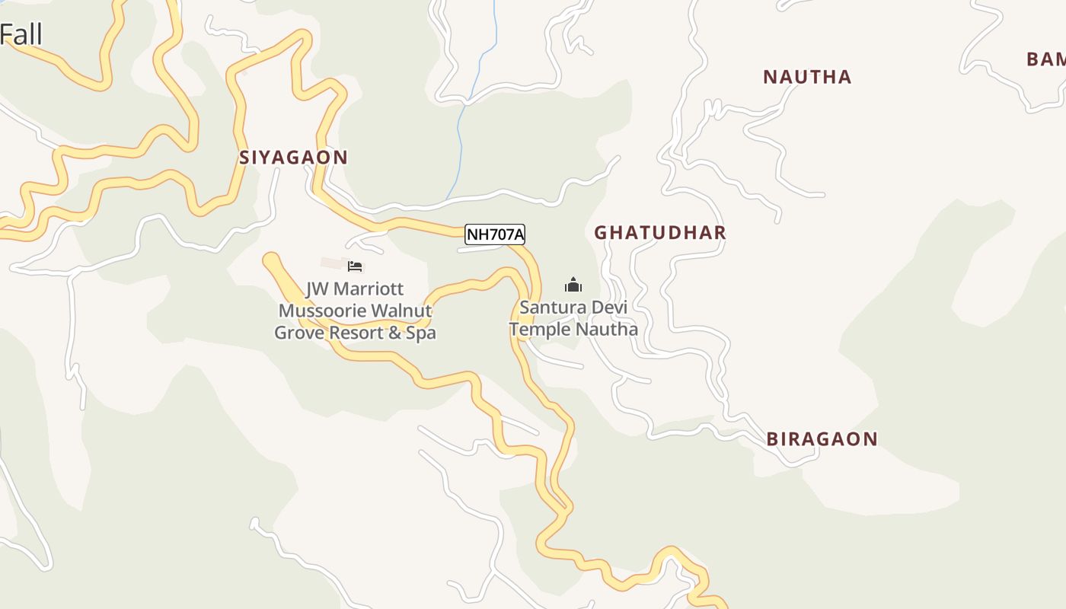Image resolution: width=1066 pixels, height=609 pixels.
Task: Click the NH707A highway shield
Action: click(495, 234)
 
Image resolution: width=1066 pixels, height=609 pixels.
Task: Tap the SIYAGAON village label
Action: click(293, 158)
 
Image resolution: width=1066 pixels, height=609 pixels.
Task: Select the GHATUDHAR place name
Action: click(659, 233)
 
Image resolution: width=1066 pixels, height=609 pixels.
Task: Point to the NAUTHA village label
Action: click(806, 77)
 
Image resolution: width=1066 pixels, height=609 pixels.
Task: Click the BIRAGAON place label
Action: click(822, 439)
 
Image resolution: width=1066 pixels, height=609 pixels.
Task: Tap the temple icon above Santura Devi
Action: click(573, 285)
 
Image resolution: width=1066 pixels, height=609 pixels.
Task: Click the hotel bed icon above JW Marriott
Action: click(355, 266)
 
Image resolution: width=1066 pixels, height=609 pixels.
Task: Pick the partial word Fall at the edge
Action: click(21, 35)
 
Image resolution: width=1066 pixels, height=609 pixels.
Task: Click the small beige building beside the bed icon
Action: click(333, 263)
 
